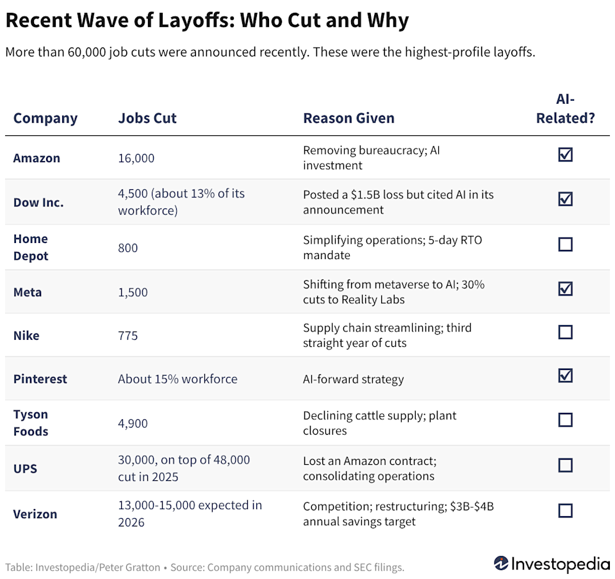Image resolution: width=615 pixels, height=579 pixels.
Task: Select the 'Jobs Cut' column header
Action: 147,118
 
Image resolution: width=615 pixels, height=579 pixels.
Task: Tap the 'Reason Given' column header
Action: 348,118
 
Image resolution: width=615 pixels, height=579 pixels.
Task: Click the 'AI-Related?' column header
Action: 565,109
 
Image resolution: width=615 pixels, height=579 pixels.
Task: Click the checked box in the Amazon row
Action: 565,155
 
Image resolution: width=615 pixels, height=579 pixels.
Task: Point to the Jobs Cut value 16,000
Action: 136,158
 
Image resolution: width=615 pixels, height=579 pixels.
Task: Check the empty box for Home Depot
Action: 565,244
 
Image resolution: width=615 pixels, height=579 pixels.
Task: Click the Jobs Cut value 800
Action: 127,248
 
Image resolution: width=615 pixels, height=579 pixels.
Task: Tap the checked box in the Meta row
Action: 565,289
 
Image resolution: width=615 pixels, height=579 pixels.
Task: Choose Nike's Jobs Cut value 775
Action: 127,335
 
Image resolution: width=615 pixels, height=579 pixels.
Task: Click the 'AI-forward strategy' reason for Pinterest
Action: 353,379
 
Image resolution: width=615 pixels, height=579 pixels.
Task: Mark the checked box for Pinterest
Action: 565,376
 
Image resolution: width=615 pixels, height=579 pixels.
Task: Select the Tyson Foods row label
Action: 31,423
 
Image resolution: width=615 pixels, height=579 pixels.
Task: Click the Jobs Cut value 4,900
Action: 133,423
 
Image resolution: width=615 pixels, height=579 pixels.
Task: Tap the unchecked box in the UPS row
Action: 565,465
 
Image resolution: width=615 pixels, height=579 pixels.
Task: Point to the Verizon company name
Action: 35,514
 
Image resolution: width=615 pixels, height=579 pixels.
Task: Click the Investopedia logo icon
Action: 502,564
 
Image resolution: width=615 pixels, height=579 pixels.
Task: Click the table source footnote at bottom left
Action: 205,567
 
